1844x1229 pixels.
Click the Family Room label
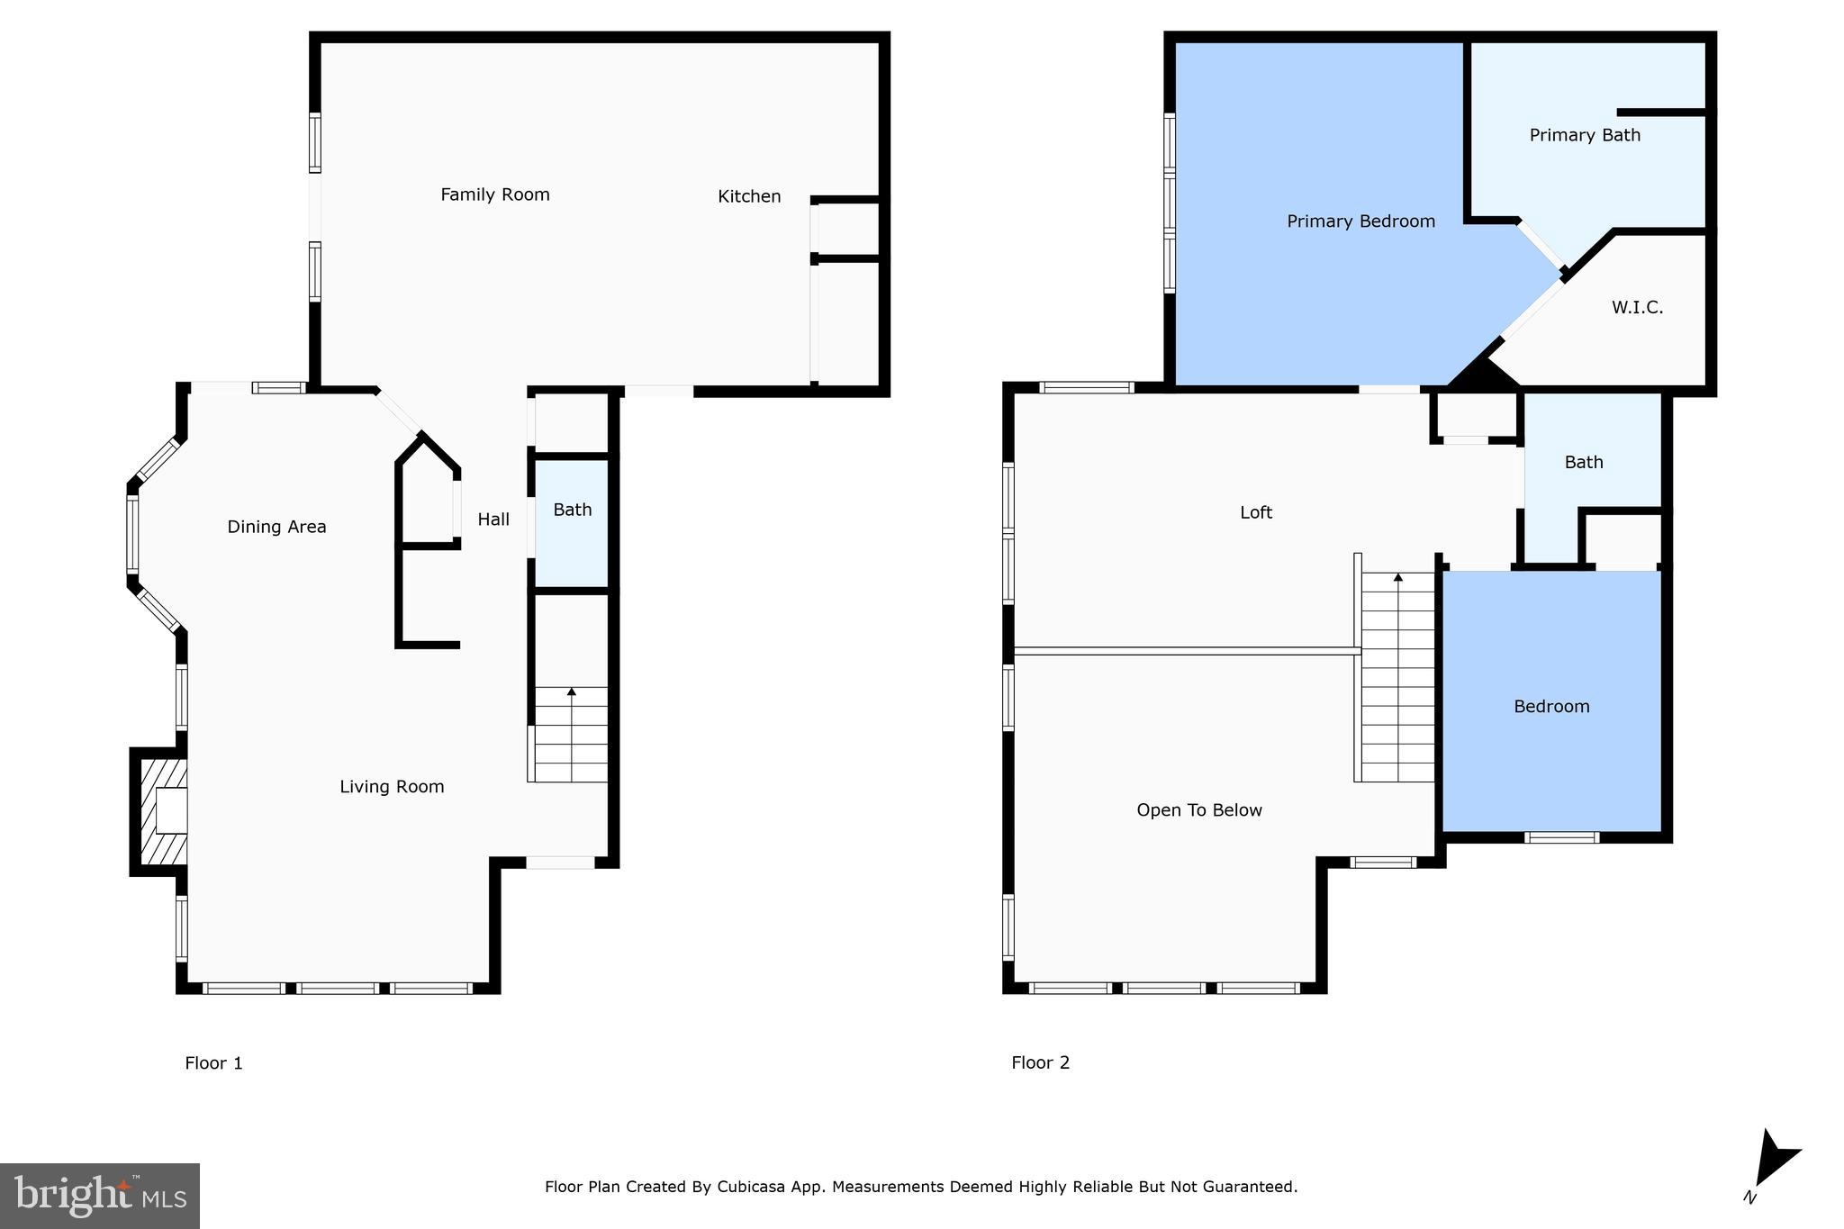tap(494, 194)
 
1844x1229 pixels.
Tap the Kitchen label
tap(748, 196)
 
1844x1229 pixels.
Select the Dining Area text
tap(276, 527)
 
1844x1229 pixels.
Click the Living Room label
tap(392, 787)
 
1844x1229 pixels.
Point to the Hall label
tap(493, 520)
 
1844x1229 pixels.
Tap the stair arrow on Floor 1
tap(572, 692)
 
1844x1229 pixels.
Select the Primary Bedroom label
tap(1360, 221)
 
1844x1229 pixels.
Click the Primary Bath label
tap(1585, 135)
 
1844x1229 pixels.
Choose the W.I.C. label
tap(1637, 308)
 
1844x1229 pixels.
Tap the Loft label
tap(1256, 512)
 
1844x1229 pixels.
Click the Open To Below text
tap(1199, 810)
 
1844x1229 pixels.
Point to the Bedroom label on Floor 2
tap(1551, 707)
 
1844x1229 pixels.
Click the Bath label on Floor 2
tap(1584, 462)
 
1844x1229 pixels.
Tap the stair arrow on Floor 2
tap(1398, 577)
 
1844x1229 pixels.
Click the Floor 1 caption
tap(213, 1063)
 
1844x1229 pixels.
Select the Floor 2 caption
tap(1040, 1062)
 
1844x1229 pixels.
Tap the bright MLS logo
tap(100, 1196)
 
